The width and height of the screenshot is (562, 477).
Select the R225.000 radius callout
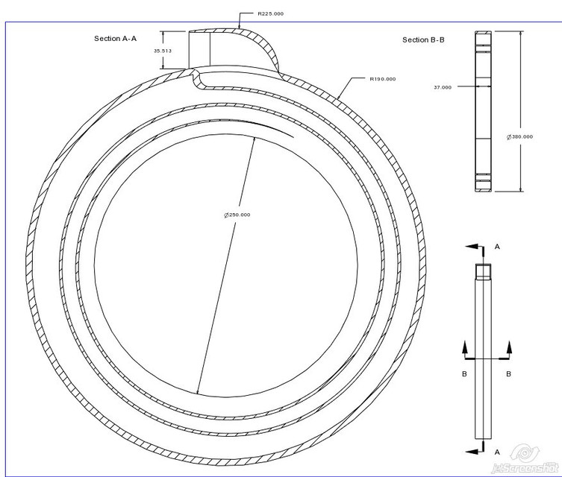tap(270, 13)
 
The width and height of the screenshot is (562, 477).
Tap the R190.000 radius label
tap(382, 78)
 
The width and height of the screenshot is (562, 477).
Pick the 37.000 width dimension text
tap(443, 87)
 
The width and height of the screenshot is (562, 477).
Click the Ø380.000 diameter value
tap(519, 136)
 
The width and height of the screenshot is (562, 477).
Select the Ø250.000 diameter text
tap(237, 215)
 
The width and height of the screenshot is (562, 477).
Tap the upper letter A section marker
tap(497, 245)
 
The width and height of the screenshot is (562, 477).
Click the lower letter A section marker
tap(497, 452)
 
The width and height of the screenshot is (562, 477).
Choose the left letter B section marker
tap(464, 374)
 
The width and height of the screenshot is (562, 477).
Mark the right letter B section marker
tap(509, 374)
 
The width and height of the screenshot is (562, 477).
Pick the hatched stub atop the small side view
tap(484, 272)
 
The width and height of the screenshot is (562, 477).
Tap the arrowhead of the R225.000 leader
tap(238, 28)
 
